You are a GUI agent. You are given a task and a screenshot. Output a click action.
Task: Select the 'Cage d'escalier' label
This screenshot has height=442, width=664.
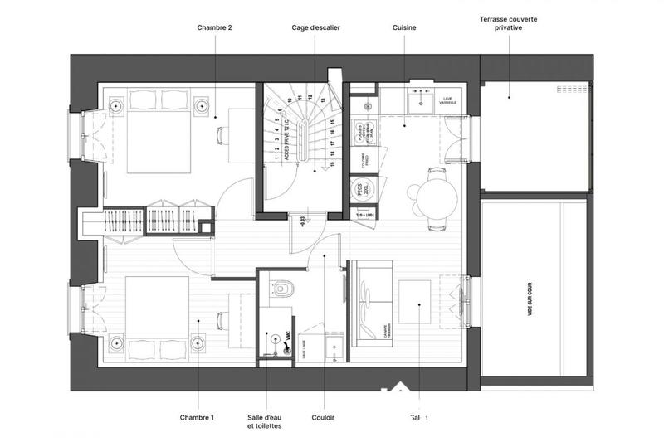pyautogui.click(x=315, y=27)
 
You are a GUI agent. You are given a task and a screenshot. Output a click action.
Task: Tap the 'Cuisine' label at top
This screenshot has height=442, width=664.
pyautogui.click(x=404, y=27)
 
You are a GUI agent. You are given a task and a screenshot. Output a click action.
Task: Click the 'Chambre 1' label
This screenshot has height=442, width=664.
pyautogui.click(x=198, y=417)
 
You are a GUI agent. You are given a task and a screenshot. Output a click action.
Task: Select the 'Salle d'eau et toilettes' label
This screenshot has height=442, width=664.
pyautogui.click(x=264, y=421)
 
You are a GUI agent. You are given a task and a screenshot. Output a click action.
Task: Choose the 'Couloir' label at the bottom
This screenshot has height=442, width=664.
pyautogui.click(x=323, y=417)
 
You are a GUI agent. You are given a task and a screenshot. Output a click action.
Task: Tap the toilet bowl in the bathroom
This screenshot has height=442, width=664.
pyautogui.click(x=282, y=289)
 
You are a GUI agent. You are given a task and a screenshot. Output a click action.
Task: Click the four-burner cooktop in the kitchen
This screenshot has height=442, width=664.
pyautogui.click(x=363, y=136)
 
